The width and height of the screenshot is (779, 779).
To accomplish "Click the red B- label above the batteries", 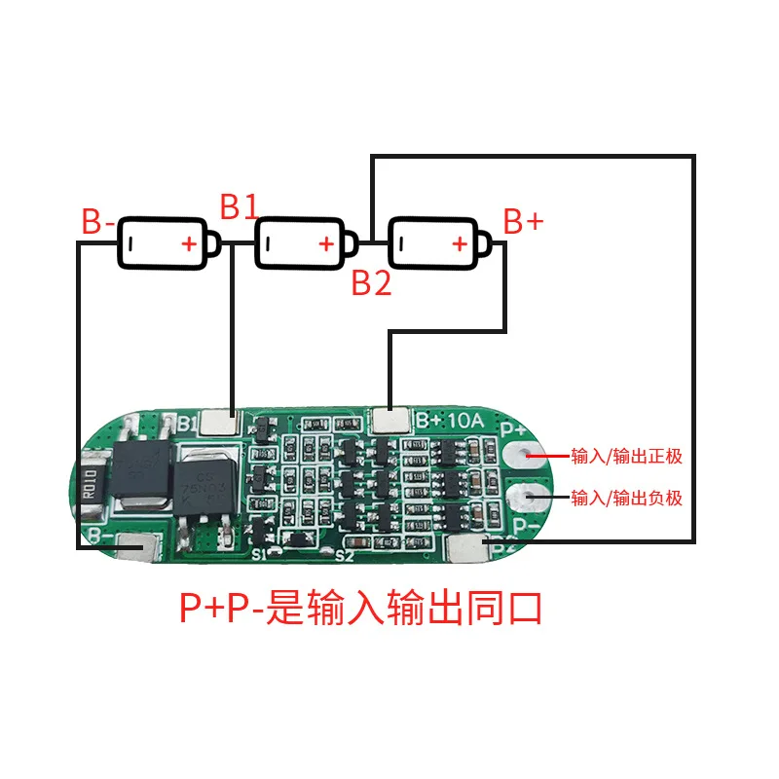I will click(x=98, y=222).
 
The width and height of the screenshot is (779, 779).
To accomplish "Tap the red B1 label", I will click(x=239, y=206).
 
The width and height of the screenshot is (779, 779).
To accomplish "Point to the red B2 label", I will click(x=371, y=283).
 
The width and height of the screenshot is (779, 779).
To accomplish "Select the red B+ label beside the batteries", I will click(x=523, y=222).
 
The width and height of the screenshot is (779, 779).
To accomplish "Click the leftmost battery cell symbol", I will click(x=164, y=242).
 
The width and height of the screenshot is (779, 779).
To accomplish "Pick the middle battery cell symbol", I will click(x=300, y=242).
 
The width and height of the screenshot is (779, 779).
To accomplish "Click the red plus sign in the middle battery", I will click(x=325, y=243).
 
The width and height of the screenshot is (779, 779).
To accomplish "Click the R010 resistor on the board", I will click(x=90, y=483).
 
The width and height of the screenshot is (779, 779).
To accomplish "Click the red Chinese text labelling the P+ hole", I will click(x=627, y=455).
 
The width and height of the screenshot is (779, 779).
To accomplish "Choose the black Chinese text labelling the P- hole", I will click(x=627, y=499).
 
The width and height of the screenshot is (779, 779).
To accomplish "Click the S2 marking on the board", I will click(x=343, y=556).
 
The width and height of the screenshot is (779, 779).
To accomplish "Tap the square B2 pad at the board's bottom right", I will click(x=466, y=550).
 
